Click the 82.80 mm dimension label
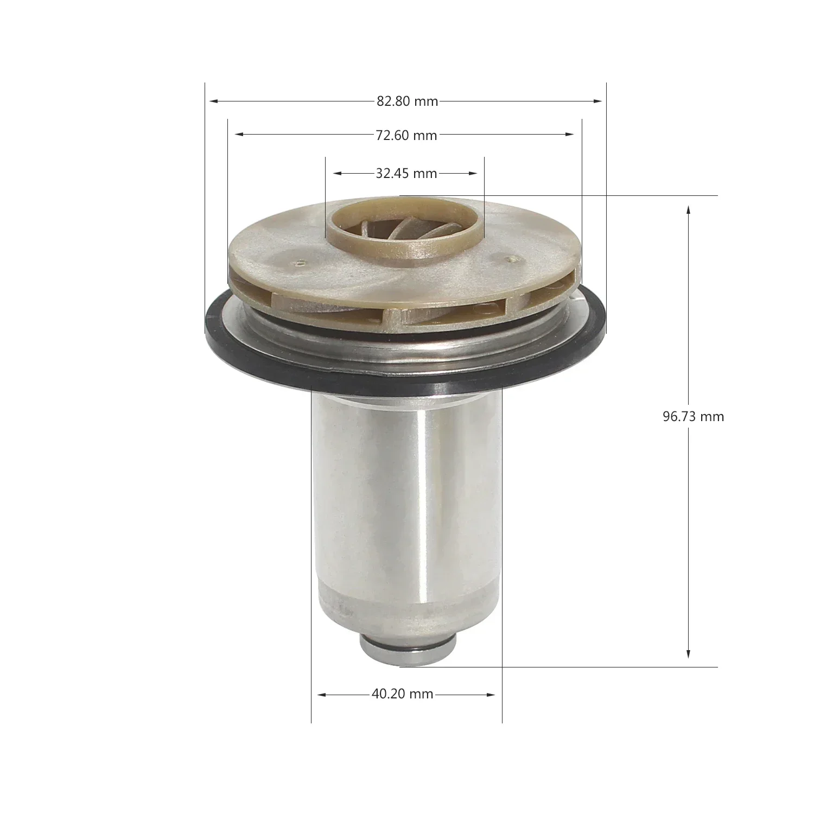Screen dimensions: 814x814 [x=407, y=101]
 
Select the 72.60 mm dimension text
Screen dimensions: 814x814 [x=406, y=135]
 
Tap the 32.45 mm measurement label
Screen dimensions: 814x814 [x=406, y=174]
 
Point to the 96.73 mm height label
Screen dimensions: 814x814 [x=693, y=417]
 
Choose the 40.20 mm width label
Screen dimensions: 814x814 [x=403, y=694]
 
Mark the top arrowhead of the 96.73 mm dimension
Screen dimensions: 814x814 [x=689, y=209]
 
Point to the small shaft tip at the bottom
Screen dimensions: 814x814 [x=407, y=648]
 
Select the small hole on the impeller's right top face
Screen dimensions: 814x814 [x=509, y=259]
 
